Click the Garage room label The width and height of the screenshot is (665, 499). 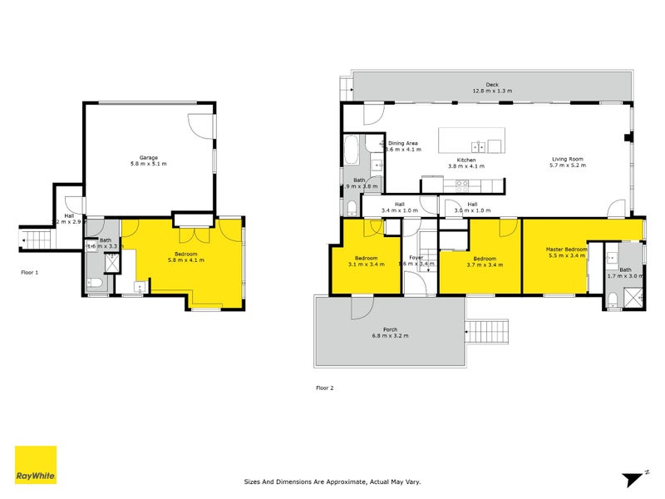pos(149,157)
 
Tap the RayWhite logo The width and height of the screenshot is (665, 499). pos(36,465)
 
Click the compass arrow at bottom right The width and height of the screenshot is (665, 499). pos(633,477)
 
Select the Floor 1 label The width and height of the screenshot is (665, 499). pos(30,272)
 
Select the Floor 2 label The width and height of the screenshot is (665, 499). pos(325,388)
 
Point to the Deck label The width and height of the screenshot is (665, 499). pos(491,84)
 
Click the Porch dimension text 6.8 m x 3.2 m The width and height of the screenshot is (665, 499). pos(390,334)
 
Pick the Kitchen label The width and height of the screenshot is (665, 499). pos(465,160)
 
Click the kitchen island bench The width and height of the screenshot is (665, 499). pos(471,140)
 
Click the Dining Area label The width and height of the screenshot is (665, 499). pos(403,144)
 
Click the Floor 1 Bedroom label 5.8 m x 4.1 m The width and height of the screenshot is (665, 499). pos(185,255)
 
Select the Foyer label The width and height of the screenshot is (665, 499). pos(416,258)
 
